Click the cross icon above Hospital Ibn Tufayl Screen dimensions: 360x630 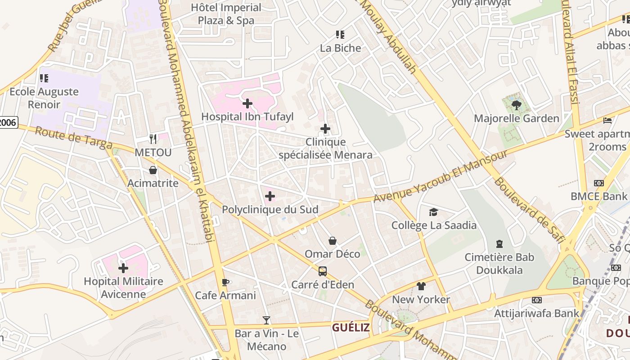click(x=247, y=104)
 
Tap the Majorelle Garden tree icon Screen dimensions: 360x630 click(x=516, y=105)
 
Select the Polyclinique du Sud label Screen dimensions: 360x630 click(x=270, y=210)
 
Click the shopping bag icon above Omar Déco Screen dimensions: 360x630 click(x=333, y=241)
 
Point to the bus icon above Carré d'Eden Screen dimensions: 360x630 click(x=323, y=271)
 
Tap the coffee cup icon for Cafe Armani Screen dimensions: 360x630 click(x=225, y=283)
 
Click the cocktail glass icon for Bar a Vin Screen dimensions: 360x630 click(x=266, y=320)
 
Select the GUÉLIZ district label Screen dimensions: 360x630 click(x=351, y=328)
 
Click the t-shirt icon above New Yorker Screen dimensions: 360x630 click(x=421, y=286)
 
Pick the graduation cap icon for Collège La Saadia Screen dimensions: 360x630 click(x=433, y=212)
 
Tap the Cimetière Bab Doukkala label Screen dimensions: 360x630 click(x=499, y=264)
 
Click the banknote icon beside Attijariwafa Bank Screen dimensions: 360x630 click(x=536, y=300)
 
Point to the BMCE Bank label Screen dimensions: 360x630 click(x=598, y=196)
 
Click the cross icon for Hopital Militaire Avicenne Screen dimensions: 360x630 click(x=123, y=269)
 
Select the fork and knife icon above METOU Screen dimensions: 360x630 click(x=153, y=139)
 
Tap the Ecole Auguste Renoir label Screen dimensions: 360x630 click(x=44, y=98)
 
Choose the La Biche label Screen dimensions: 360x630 click(x=341, y=48)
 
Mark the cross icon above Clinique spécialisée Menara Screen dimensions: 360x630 click(x=325, y=130)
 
